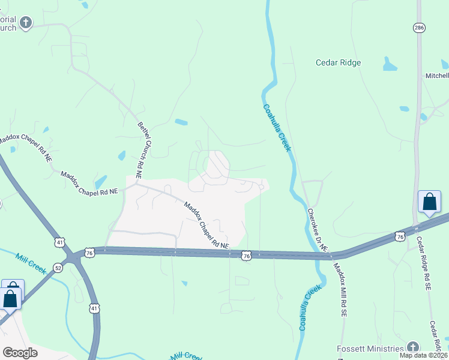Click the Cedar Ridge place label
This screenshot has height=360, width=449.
(x=339, y=62)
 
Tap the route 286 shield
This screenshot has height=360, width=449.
(x=419, y=28)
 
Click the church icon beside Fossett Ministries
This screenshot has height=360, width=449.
(x=412, y=347)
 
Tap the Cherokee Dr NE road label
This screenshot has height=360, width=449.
(x=317, y=230)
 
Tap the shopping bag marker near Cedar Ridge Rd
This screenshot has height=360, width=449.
(x=430, y=202)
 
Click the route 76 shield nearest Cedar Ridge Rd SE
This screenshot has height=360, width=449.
(x=400, y=237)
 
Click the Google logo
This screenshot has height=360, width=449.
(x=20, y=352)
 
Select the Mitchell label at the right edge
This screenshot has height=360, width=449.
(x=437, y=76)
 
